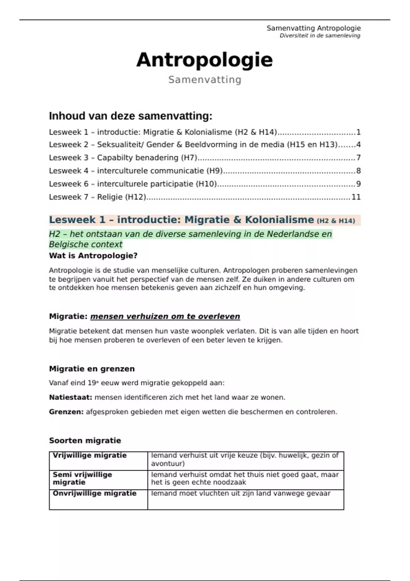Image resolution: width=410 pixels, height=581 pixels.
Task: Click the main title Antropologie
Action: point(204,60)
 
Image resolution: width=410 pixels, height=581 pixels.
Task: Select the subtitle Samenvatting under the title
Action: point(205,80)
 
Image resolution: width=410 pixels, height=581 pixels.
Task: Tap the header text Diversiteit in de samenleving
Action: point(320,36)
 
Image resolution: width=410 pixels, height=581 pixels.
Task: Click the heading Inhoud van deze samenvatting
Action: point(131,116)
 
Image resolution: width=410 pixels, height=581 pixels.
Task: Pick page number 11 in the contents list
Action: point(356,197)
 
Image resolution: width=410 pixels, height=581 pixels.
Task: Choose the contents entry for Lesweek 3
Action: point(123,158)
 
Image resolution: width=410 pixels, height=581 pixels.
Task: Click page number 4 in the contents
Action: point(358,145)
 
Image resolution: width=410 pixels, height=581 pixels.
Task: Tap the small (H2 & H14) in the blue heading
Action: point(336,221)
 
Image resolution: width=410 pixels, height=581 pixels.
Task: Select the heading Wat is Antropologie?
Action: point(93,256)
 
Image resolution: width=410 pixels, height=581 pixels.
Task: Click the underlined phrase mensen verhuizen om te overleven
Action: point(165,316)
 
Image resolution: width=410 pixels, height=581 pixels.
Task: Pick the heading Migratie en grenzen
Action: point(92,369)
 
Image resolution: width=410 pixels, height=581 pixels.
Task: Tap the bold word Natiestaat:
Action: point(70,397)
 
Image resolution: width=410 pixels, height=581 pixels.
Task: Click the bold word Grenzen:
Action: point(66,412)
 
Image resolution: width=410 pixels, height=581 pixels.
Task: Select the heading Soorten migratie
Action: point(85,441)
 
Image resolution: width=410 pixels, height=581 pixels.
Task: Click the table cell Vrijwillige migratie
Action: point(90,456)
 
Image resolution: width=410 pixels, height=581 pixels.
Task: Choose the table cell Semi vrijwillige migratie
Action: point(82,478)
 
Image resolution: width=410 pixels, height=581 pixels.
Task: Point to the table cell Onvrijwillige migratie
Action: point(94,494)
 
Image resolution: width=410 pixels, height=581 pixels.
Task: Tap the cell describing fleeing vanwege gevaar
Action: point(241,494)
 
